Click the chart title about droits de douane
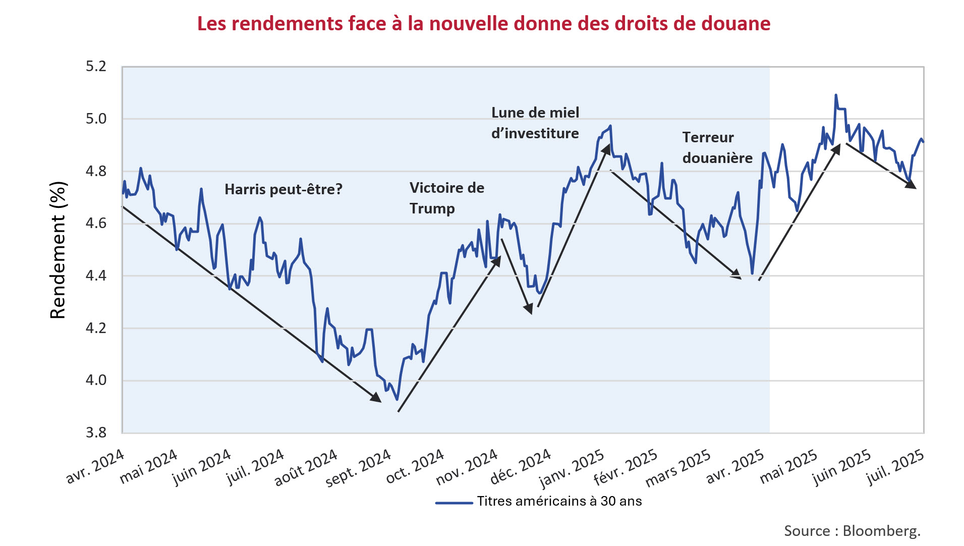(483, 24)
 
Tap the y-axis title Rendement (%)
(58, 250)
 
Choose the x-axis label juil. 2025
(895, 467)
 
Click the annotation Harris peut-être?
(283, 189)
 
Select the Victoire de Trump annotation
(446, 198)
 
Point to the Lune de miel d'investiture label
(535, 123)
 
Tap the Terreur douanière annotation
(717, 147)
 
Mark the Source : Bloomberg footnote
(852, 530)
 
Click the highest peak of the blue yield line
(836, 95)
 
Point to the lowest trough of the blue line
(397, 399)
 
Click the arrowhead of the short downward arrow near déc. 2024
(529, 309)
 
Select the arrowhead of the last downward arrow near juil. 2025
(912, 185)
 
